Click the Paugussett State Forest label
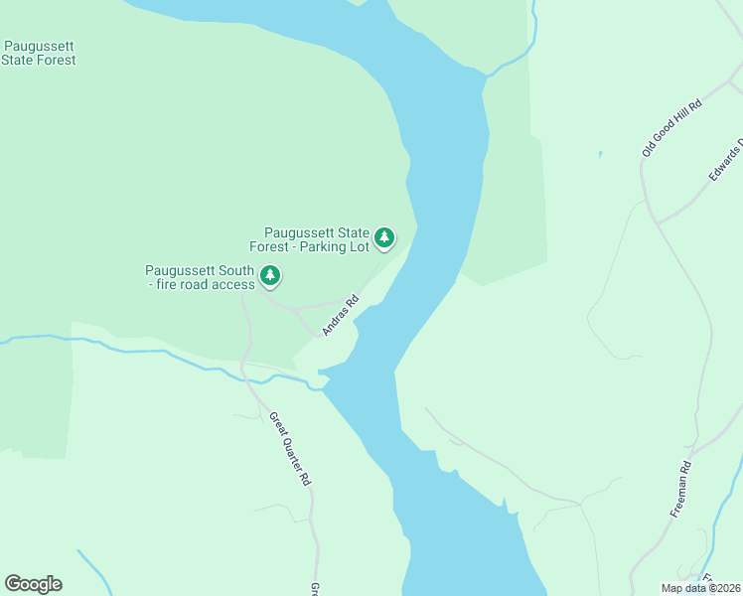[39, 53]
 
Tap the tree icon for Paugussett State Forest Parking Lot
[384, 237]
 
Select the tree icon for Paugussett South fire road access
[269, 275]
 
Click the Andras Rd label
[340, 315]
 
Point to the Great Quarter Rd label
[291, 449]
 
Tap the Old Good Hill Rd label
[671, 128]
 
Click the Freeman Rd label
[679, 489]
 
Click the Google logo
[33, 584]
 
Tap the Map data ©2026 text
[700, 588]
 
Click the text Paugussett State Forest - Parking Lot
[316, 239]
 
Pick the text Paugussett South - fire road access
[201, 277]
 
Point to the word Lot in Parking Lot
[358, 246]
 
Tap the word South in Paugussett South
[234, 270]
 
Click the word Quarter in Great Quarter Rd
[290, 448]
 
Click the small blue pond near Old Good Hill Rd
[600, 154]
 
